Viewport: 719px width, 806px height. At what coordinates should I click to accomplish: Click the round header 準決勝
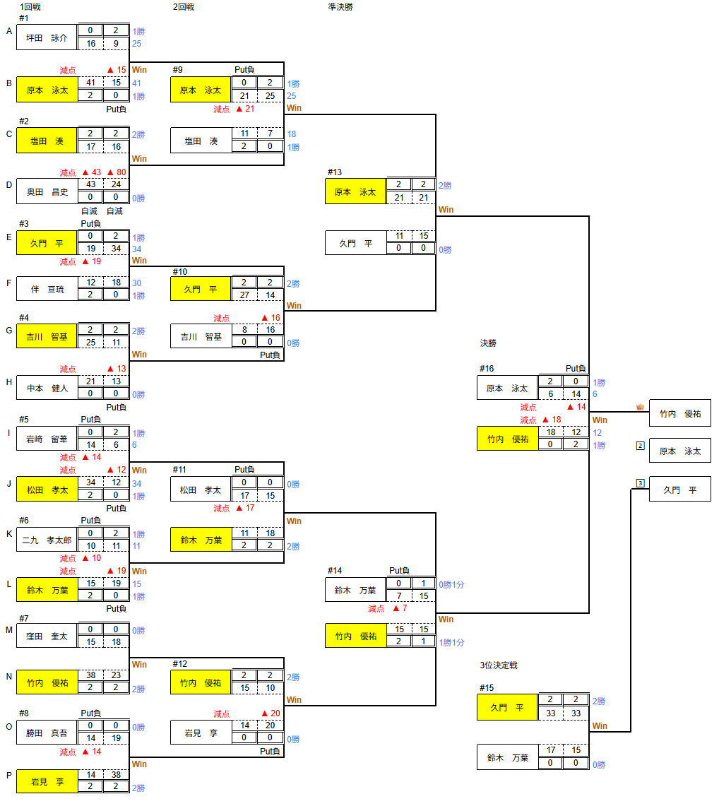(x=341, y=6)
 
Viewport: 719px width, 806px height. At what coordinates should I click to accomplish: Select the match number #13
(x=334, y=172)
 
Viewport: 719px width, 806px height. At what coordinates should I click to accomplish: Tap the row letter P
(x=9, y=775)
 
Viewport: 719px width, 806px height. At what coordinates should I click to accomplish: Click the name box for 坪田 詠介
(x=47, y=37)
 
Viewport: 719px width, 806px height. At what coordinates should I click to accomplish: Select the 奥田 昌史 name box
(x=47, y=191)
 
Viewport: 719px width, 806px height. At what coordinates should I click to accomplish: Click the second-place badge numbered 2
(x=640, y=446)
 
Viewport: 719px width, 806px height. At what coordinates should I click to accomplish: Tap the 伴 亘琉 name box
(x=47, y=289)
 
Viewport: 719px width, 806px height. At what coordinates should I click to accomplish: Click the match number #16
(x=486, y=368)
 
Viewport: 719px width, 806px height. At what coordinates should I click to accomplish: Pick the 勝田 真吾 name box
(x=47, y=733)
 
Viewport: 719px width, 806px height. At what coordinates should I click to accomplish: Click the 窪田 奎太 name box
(x=47, y=636)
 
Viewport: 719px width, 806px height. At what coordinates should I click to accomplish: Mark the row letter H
(x=9, y=382)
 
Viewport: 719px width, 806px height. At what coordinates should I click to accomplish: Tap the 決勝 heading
(x=488, y=343)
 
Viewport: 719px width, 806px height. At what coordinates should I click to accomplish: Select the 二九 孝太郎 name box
(x=47, y=540)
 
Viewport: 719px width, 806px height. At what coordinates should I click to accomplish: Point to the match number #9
(x=177, y=69)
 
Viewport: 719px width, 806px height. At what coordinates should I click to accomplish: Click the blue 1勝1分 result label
(x=452, y=643)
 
